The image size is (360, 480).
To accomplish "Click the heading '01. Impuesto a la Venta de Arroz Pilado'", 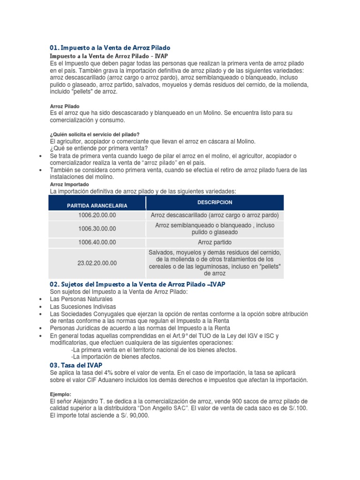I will click(x=110, y=48).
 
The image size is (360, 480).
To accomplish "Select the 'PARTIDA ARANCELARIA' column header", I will click(x=97, y=206).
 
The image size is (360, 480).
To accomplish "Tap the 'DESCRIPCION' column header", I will click(x=215, y=202).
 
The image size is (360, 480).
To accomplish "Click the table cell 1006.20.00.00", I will click(x=97, y=215).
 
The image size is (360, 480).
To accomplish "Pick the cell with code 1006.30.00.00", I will click(x=97, y=229).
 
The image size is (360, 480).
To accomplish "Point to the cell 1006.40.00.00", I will click(x=97, y=242).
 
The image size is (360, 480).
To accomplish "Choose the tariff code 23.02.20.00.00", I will click(x=97, y=263).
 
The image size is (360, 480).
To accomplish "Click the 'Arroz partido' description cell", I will click(x=215, y=242).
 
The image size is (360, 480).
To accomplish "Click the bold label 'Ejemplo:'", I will click(x=60, y=394).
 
